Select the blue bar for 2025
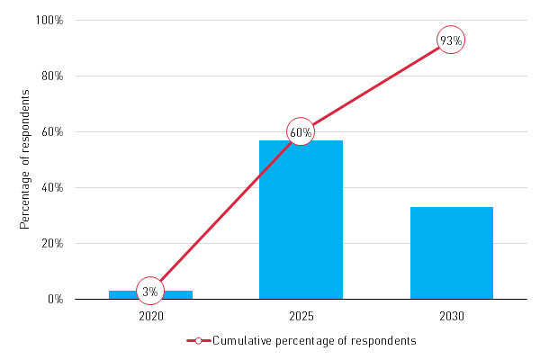coord(301,225)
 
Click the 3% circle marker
coord(150,291)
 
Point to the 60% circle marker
coord(301,132)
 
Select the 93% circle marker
coord(451,40)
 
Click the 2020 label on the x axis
coord(150,316)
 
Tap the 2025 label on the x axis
coord(301,316)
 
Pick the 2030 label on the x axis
coord(451,316)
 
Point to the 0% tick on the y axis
coord(55,299)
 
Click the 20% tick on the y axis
coord(52,243)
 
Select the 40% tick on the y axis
coord(52,187)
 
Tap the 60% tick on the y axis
coord(52,131)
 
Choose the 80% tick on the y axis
coord(52,76)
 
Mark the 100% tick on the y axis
coord(49,20)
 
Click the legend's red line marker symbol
coord(198,341)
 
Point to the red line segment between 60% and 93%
coord(376,86)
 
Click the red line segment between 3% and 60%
coord(225,211)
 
